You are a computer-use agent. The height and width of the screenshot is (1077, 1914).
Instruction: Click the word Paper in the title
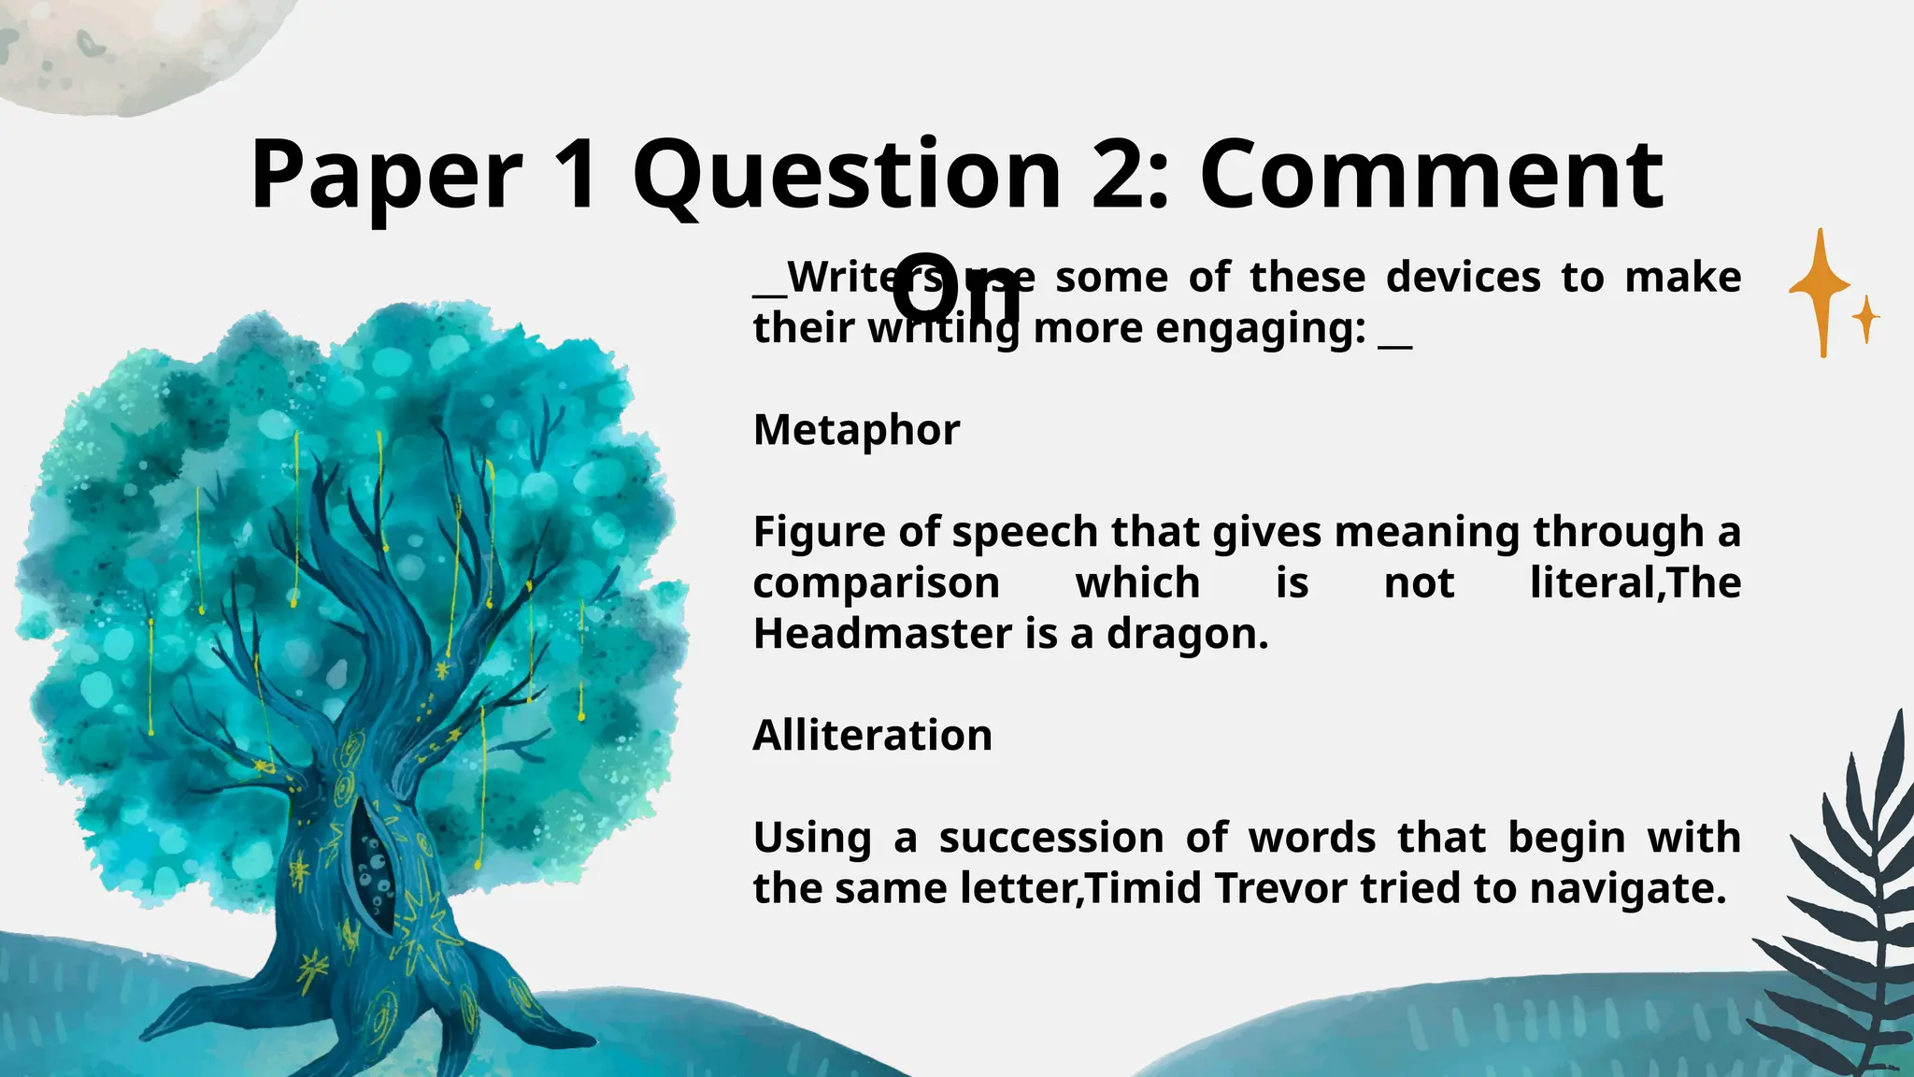[386, 176]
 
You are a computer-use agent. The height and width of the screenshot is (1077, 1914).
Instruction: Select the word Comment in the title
[1431, 176]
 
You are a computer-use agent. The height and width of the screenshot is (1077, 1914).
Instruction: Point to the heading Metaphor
[856, 430]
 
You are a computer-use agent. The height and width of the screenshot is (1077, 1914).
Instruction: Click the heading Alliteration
[872, 735]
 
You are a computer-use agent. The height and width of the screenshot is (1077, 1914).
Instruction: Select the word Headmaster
[882, 634]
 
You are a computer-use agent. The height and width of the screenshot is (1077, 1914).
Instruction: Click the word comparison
[877, 583]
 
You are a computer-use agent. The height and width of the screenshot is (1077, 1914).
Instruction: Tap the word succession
[1051, 838]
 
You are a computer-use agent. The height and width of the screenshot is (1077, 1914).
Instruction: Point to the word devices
[1463, 278]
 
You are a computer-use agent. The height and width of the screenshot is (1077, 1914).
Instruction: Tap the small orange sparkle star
[1866, 319]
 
